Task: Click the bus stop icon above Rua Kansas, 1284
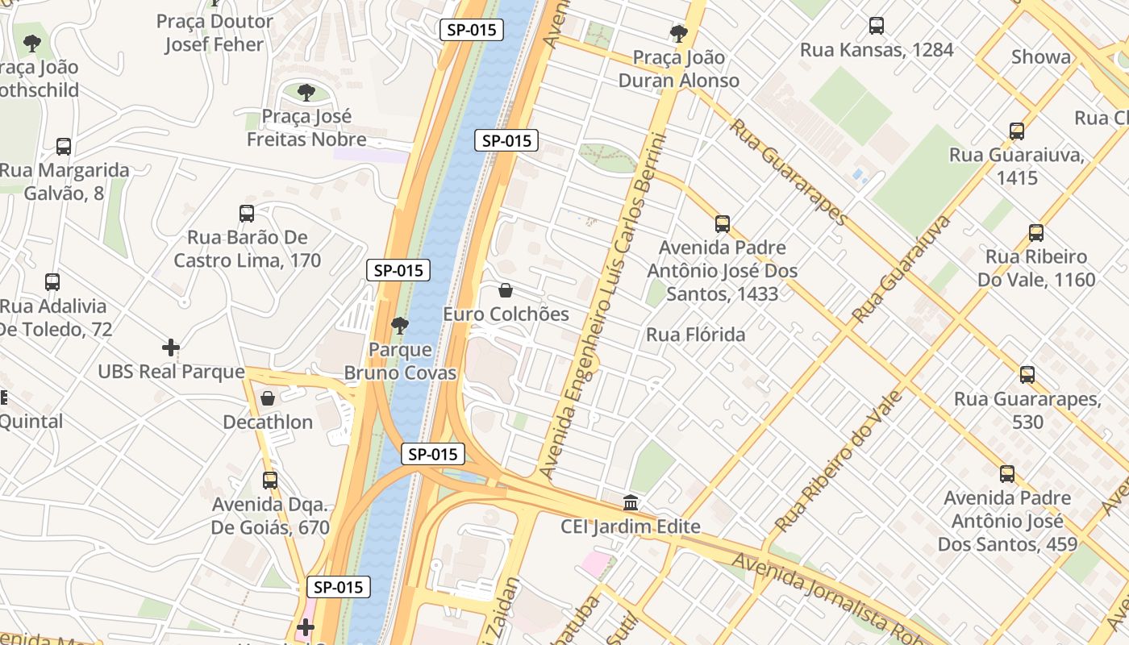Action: click(877, 26)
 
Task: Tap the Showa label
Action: click(1041, 56)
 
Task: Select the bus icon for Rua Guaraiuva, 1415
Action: click(1017, 131)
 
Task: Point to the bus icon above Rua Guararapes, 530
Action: click(1027, 375)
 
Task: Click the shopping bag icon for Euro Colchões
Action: click(506, 290)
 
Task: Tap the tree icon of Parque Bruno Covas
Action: click(399, 326)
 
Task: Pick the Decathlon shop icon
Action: click(268, 398)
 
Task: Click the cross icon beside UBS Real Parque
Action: click(171, 347)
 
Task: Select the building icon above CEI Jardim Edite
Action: click(631, 503)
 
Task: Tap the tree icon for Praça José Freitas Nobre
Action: click(306, 93)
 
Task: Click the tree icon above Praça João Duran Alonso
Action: click(678, 34)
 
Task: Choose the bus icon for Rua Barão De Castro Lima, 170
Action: click(247, 214)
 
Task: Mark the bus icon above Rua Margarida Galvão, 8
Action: click(64, 147)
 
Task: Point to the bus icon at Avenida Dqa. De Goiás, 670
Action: click(270, 481)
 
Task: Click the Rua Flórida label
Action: click(695, 335)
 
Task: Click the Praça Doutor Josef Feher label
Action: click(215, 33)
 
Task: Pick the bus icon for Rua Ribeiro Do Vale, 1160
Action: click(1036, 233)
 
